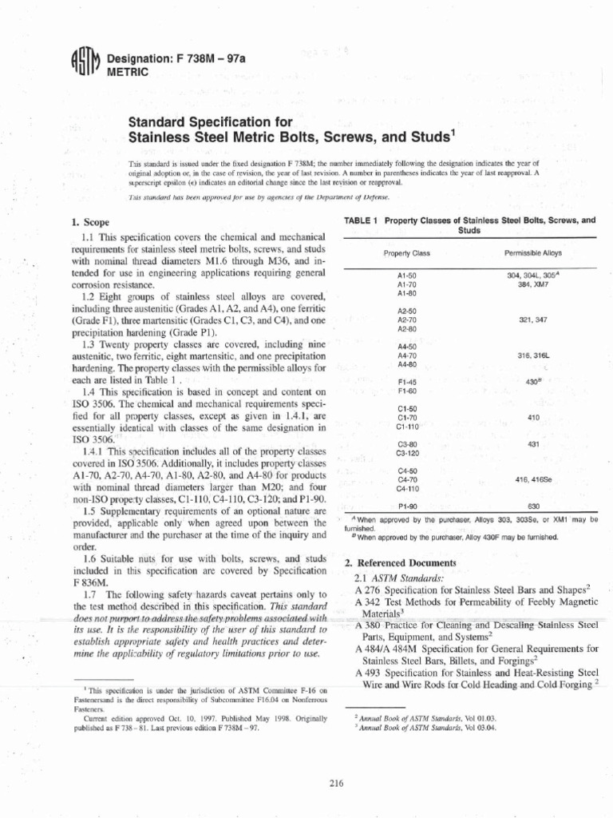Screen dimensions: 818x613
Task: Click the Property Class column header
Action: click(406, 252)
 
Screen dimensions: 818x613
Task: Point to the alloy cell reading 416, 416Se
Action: click(533, 479)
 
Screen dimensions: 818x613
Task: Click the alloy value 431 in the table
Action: click(533, 443)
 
